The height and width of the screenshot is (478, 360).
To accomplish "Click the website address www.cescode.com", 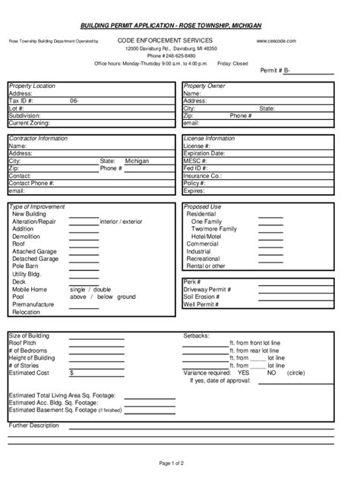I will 276,39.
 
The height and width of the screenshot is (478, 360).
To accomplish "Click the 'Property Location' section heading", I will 32,86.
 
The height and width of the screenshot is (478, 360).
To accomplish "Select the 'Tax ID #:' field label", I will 21,100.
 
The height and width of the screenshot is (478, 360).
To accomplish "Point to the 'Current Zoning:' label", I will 29,122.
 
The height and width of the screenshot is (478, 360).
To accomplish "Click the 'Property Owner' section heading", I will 204,86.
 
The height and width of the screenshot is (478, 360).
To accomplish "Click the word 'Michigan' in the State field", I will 137,161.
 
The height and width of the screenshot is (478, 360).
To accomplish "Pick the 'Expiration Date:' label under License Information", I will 204,153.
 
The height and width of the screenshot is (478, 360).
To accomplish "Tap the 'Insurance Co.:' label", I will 202,175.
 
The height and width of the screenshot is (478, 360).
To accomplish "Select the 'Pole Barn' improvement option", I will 27,266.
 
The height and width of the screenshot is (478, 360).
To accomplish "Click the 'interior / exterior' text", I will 121,221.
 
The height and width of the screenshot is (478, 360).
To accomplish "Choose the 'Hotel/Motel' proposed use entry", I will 206,236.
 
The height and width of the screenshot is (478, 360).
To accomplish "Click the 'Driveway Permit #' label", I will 207,289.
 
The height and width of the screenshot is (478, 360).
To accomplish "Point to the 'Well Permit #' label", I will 201,304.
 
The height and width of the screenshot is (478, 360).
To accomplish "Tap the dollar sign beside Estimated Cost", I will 71,373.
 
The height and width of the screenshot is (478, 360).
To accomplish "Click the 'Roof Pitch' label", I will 24,343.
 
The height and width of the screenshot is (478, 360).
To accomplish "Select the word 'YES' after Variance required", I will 243,373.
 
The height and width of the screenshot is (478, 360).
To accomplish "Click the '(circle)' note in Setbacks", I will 296,373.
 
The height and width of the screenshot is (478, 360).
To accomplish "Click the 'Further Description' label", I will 33,425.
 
